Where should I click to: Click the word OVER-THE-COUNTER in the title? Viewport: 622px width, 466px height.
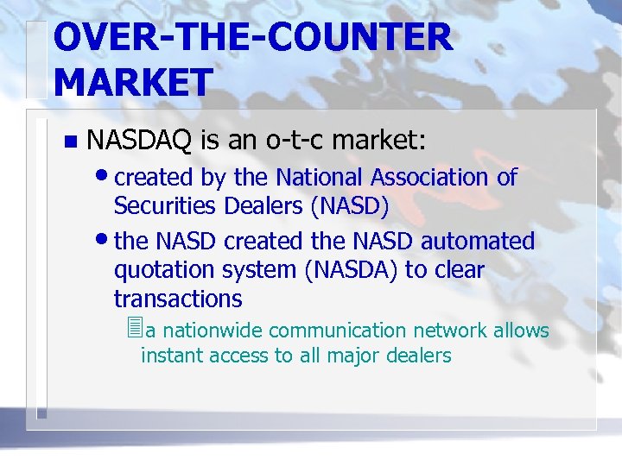251,38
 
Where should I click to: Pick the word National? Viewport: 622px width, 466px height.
321,178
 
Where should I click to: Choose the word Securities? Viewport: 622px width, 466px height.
165,207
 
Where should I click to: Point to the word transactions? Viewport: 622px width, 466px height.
178,299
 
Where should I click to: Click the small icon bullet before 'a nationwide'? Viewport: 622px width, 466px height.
132,329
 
